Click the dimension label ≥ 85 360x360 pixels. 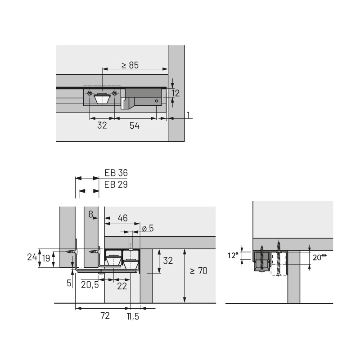130,65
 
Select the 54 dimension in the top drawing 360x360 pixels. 134,126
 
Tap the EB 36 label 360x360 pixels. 116,173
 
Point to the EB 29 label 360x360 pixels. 116,184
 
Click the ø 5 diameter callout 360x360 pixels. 148,228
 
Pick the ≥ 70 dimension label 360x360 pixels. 199,271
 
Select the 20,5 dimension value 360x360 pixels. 90,285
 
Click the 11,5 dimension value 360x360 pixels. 133,317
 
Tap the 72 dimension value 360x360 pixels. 105,316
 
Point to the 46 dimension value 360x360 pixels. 122,218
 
